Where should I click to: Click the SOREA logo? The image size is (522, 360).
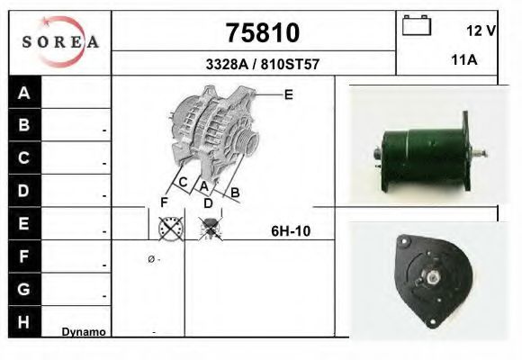click(60, 42)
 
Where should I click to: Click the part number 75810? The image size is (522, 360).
click(263, 32)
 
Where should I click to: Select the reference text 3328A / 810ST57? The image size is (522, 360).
click(262, 64)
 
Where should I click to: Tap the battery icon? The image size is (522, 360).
click(417, 25)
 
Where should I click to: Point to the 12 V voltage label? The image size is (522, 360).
click(481, 31)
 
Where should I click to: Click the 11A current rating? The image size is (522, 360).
click(464, 60)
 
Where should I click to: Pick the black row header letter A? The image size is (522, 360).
click(23, 93)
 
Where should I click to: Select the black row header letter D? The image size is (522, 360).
click(23, 191)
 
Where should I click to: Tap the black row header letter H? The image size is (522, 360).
click(23, 322)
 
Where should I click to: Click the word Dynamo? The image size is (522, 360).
click(84, 332)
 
